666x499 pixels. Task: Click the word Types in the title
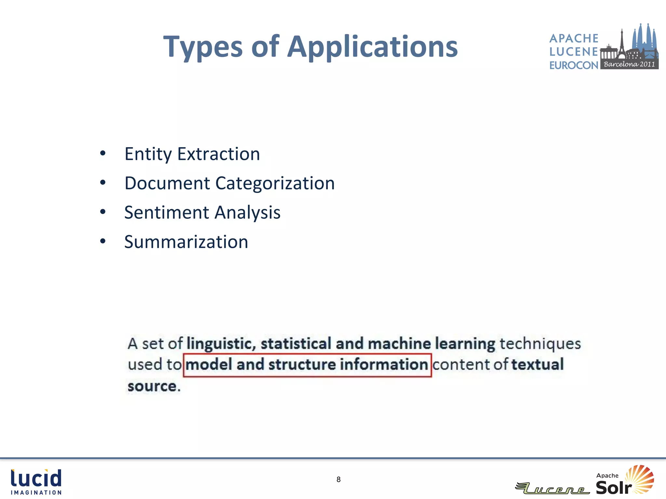click(203, 47)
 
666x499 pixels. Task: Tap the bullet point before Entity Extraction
click(103, 153)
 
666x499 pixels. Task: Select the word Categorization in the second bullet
click(275, 183)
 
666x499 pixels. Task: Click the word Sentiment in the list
click(166, 212)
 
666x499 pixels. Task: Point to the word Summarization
click(186, 242)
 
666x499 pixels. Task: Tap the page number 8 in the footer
click(338, 480)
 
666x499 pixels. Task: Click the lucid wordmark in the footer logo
click(36, 478)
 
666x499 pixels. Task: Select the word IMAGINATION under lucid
click(36, 493)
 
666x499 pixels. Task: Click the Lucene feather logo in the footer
click(552, 488)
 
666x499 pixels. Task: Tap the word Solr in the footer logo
click(613, 487)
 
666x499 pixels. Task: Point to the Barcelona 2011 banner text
click(629, 64)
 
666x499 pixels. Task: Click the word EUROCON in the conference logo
click(574, 65)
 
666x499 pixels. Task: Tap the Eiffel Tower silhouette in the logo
click(621, 42)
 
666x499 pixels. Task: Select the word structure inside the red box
click(302, 364)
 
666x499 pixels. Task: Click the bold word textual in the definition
click(537, 364)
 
